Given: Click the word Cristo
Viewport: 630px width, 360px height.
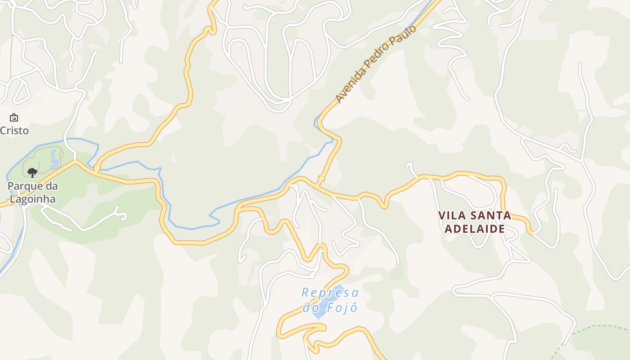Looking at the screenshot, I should (14, 130).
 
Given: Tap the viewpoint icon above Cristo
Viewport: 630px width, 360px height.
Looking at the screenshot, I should (14, 118).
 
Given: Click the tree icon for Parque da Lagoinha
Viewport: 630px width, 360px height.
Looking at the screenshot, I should (32, 172).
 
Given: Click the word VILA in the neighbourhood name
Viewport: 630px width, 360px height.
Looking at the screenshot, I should (451, 216).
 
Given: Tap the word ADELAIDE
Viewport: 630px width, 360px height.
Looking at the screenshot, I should (474, 229).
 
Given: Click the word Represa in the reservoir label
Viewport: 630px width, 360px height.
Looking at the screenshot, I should (330, 293).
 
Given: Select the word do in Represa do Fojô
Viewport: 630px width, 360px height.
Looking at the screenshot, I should (311, 308).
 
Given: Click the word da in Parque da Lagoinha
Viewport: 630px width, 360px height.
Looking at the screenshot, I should (50, 186).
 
